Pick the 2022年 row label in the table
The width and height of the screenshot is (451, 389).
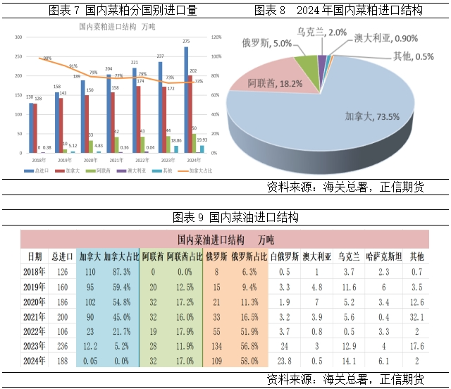point(34,332)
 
